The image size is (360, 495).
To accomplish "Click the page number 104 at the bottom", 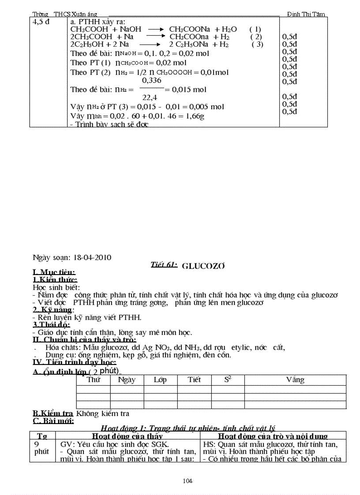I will [188, 480].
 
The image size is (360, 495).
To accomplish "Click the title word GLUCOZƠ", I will [204, 266].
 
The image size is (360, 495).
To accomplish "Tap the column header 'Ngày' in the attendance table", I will [127, 380].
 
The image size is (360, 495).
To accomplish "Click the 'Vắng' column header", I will [295, 380].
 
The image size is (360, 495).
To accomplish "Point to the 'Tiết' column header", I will [194, 380].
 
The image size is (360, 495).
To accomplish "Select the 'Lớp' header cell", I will [160, 380].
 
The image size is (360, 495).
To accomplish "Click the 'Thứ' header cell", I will [93, 380].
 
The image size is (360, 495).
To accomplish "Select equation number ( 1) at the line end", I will [255, 29].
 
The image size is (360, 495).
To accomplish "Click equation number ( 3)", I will [257, 44].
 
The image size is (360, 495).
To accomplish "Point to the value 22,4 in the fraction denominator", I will [149, 98].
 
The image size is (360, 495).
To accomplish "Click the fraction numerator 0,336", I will [151, 81].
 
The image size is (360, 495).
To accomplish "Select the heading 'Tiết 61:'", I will [164, 264].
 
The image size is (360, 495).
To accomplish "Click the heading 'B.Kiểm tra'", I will [53, 413].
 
